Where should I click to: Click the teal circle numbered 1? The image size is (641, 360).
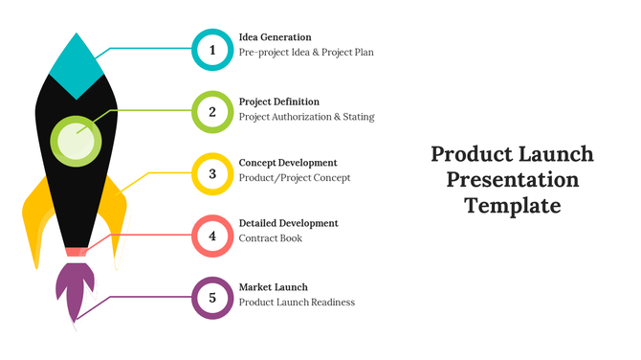click(x=212, y=50)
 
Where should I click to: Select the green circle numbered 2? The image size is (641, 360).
click(x=212, y=112)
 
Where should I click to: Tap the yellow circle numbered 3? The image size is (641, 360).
click(x=212, y=174)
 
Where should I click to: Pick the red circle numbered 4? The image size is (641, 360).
click(x=212, y=236)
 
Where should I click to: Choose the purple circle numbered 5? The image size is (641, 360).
click(x=212, y=298)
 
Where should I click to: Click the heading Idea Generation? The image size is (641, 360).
click(x=275, y=37)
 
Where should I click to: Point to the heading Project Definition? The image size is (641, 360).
click(x=278, y=101)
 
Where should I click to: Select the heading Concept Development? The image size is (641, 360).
click(x=287, y=163)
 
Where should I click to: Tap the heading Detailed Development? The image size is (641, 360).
click(x=288, y=223)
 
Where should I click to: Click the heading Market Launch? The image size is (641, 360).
click(x=273, y=287)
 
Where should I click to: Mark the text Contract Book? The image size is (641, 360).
click(x=270, y=238)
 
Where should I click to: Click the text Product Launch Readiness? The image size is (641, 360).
click(x=297, y=303)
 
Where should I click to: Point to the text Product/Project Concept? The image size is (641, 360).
click(x=294, y=178)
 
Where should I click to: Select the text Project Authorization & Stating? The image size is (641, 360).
click(x=306, y=117)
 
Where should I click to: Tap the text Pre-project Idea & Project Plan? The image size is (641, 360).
click(x=306, y=53)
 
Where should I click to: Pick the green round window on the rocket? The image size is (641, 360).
click(x=76, y=140)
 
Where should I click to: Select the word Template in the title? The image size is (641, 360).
click(x=512, y=205)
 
